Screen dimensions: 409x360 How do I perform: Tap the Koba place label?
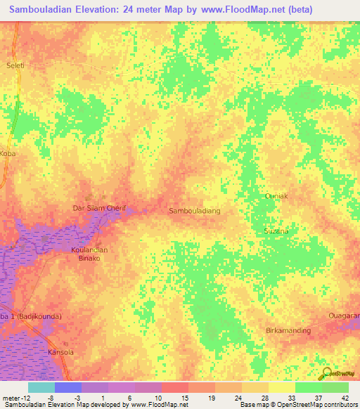tap(8, 152)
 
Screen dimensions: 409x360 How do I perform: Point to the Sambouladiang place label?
tap(195, 210)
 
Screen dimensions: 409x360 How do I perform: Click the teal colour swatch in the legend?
tap(41, 387)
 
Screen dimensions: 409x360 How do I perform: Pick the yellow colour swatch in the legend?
tap(282, 387)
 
